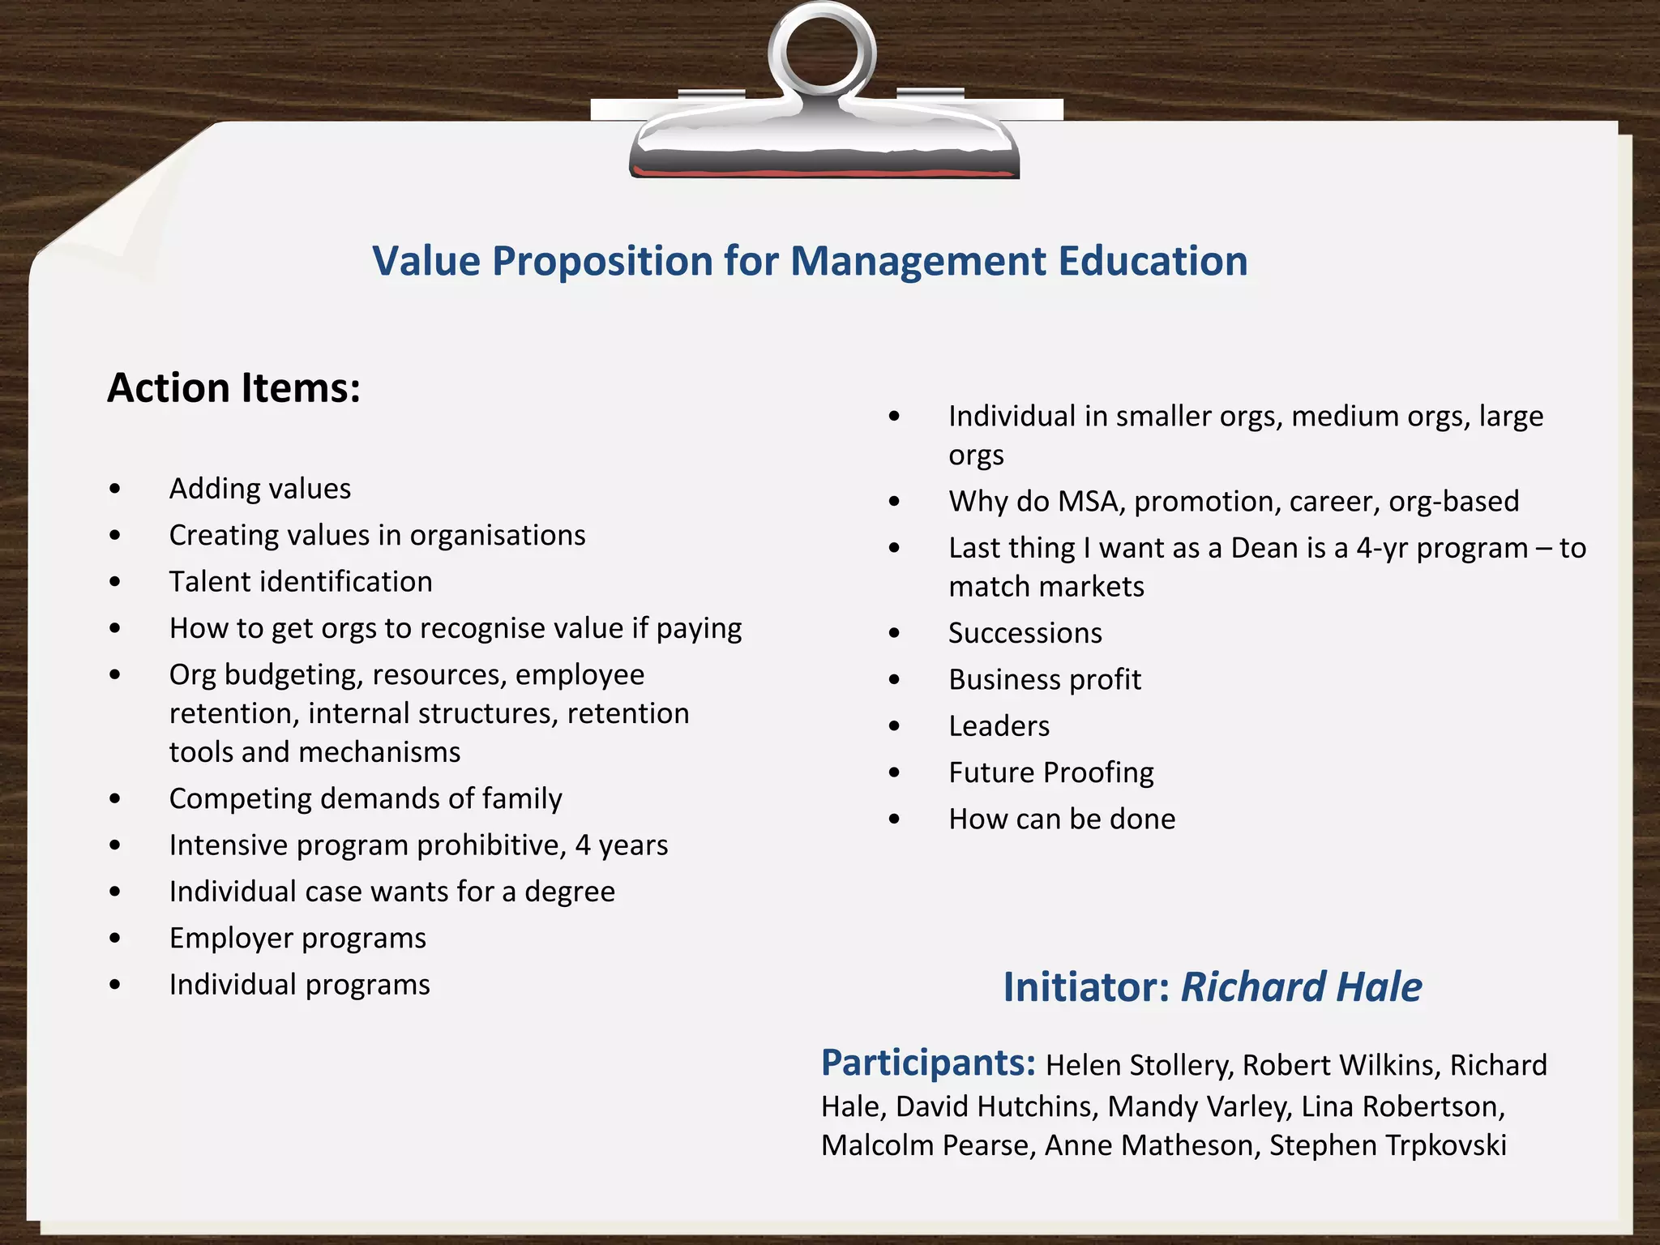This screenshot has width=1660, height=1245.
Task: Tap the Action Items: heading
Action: coord(233,387)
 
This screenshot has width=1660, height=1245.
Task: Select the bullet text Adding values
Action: coord(259,489)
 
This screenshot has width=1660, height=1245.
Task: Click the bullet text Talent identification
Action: coord(300,582)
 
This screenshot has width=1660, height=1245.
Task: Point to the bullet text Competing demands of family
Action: coord(365,799)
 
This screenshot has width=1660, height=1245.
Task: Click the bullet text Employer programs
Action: coord(297,939)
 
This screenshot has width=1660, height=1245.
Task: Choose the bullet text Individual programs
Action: coord(299,985)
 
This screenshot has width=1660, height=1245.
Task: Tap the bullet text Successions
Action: coord(1025,633)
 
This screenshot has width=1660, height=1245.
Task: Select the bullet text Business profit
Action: coord(1044,679)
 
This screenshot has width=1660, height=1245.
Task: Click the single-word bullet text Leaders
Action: coord(999,726)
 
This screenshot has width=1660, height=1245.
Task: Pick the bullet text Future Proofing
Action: coord(1050,772)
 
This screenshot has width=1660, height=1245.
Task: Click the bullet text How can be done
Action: coord(1061,819)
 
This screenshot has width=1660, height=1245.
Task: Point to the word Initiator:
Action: coord(1085,987)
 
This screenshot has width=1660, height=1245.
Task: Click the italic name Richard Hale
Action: coord(1301,987)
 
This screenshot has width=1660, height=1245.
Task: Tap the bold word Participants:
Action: coord(927,1063)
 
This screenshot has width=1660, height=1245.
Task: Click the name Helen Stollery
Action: coord(1138,1065)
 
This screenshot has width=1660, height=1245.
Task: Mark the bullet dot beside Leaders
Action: coord(894,726)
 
